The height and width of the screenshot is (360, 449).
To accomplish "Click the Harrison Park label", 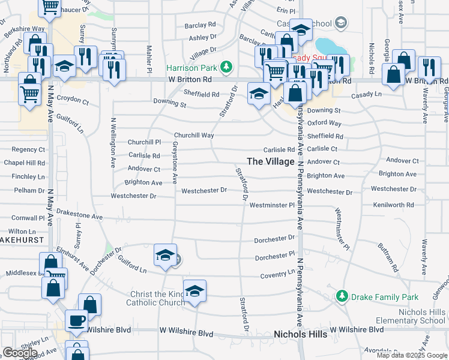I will [190, 67].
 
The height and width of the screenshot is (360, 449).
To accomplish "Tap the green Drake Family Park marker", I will [342, 296].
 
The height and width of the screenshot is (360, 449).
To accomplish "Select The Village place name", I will [271, 161].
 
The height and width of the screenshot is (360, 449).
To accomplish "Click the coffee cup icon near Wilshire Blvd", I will [76, 320].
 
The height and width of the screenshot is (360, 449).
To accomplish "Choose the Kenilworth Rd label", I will [394, 205].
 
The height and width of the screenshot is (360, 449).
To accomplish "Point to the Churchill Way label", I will [194, 136].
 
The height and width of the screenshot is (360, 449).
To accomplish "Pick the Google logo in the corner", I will [20, 353].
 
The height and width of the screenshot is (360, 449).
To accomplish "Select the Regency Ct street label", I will [28, 149].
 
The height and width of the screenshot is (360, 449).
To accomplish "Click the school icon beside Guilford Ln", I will [165, 256].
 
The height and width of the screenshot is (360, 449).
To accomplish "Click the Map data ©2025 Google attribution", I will [411, 355].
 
